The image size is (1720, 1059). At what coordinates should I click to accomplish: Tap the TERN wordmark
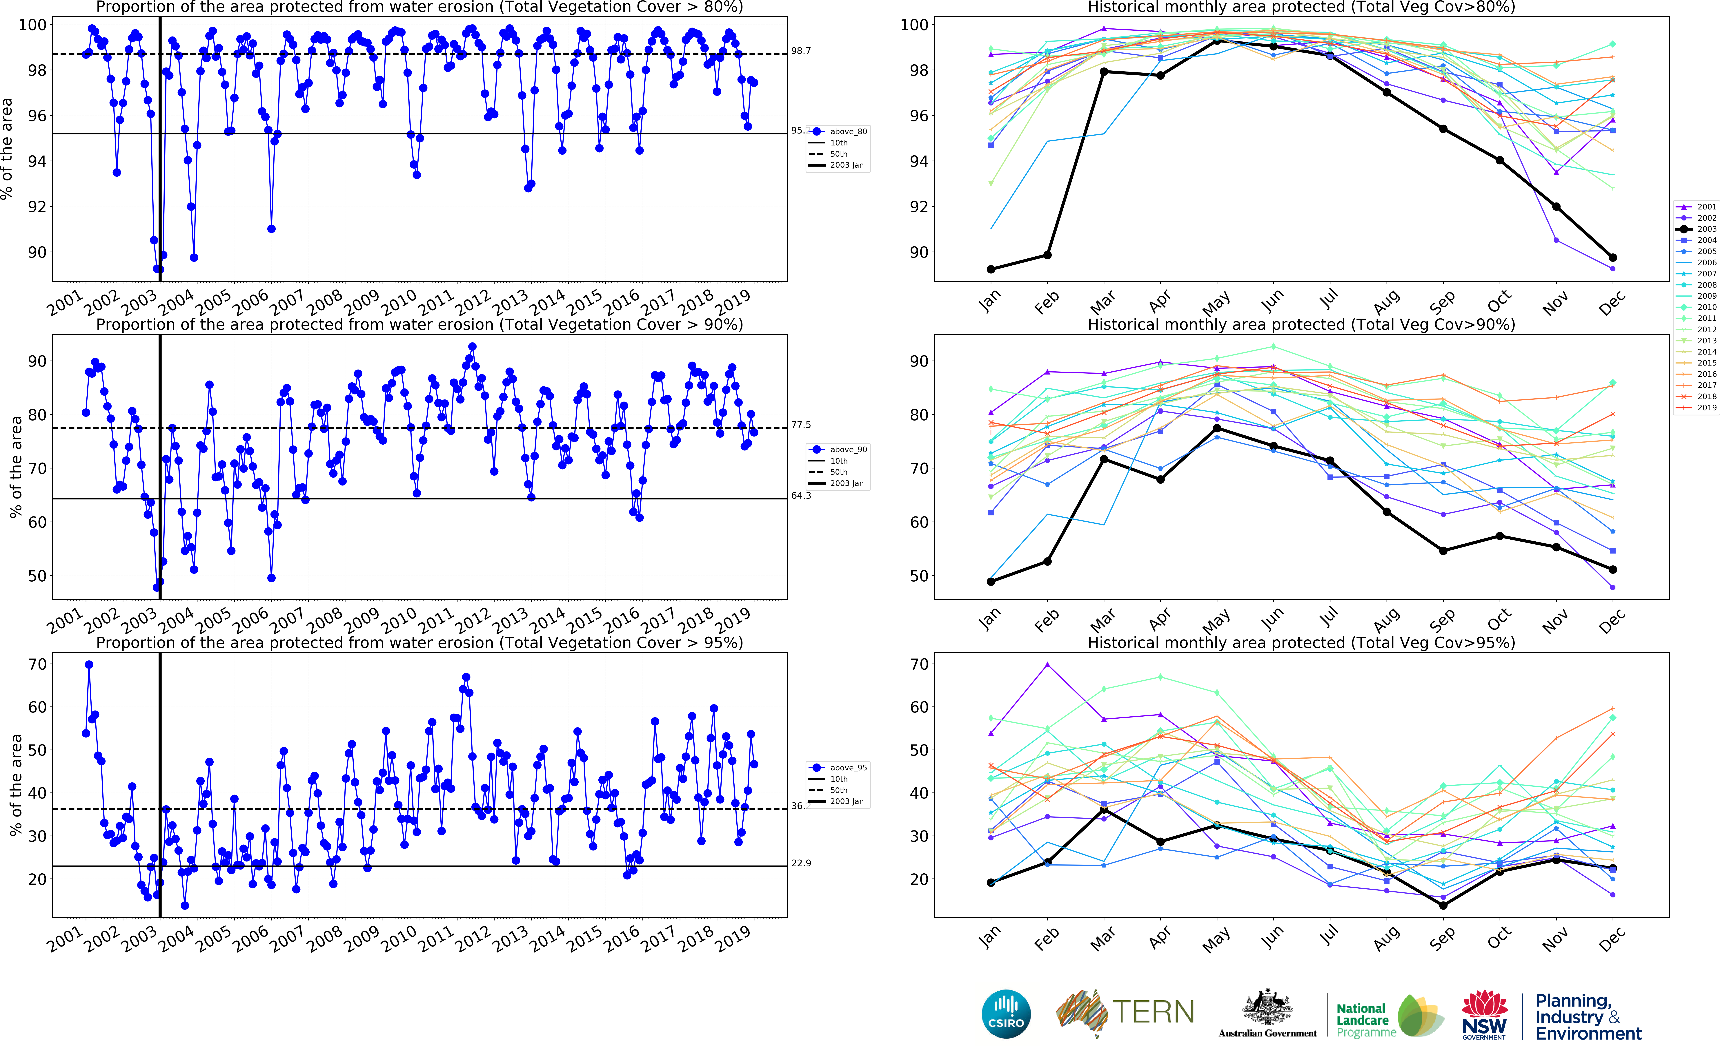tap(1153, 1012)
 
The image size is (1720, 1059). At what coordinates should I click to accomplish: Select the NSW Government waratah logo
tap(1484, 1014)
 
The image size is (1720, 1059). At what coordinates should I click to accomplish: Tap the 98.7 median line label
tap(801, 51)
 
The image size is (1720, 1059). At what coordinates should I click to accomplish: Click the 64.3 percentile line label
tap(801, 496)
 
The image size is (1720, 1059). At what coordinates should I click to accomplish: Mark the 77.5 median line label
tap(801, 425)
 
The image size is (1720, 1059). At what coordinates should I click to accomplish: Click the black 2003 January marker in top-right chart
tap(991, 269)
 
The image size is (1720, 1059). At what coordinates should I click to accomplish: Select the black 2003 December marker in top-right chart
tap(1613, 258)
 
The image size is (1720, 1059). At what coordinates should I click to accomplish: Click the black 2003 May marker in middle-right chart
tap(1217, 428)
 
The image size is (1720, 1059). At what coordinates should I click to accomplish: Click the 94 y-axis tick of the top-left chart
tap(37, 161)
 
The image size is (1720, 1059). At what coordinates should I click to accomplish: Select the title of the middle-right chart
tap(1301, 324)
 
